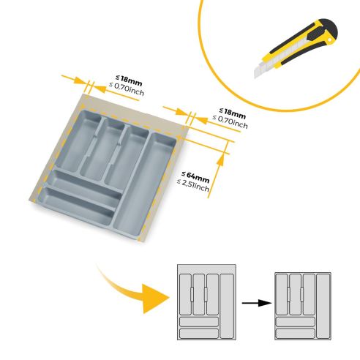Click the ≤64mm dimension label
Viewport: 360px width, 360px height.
(196, 176)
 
